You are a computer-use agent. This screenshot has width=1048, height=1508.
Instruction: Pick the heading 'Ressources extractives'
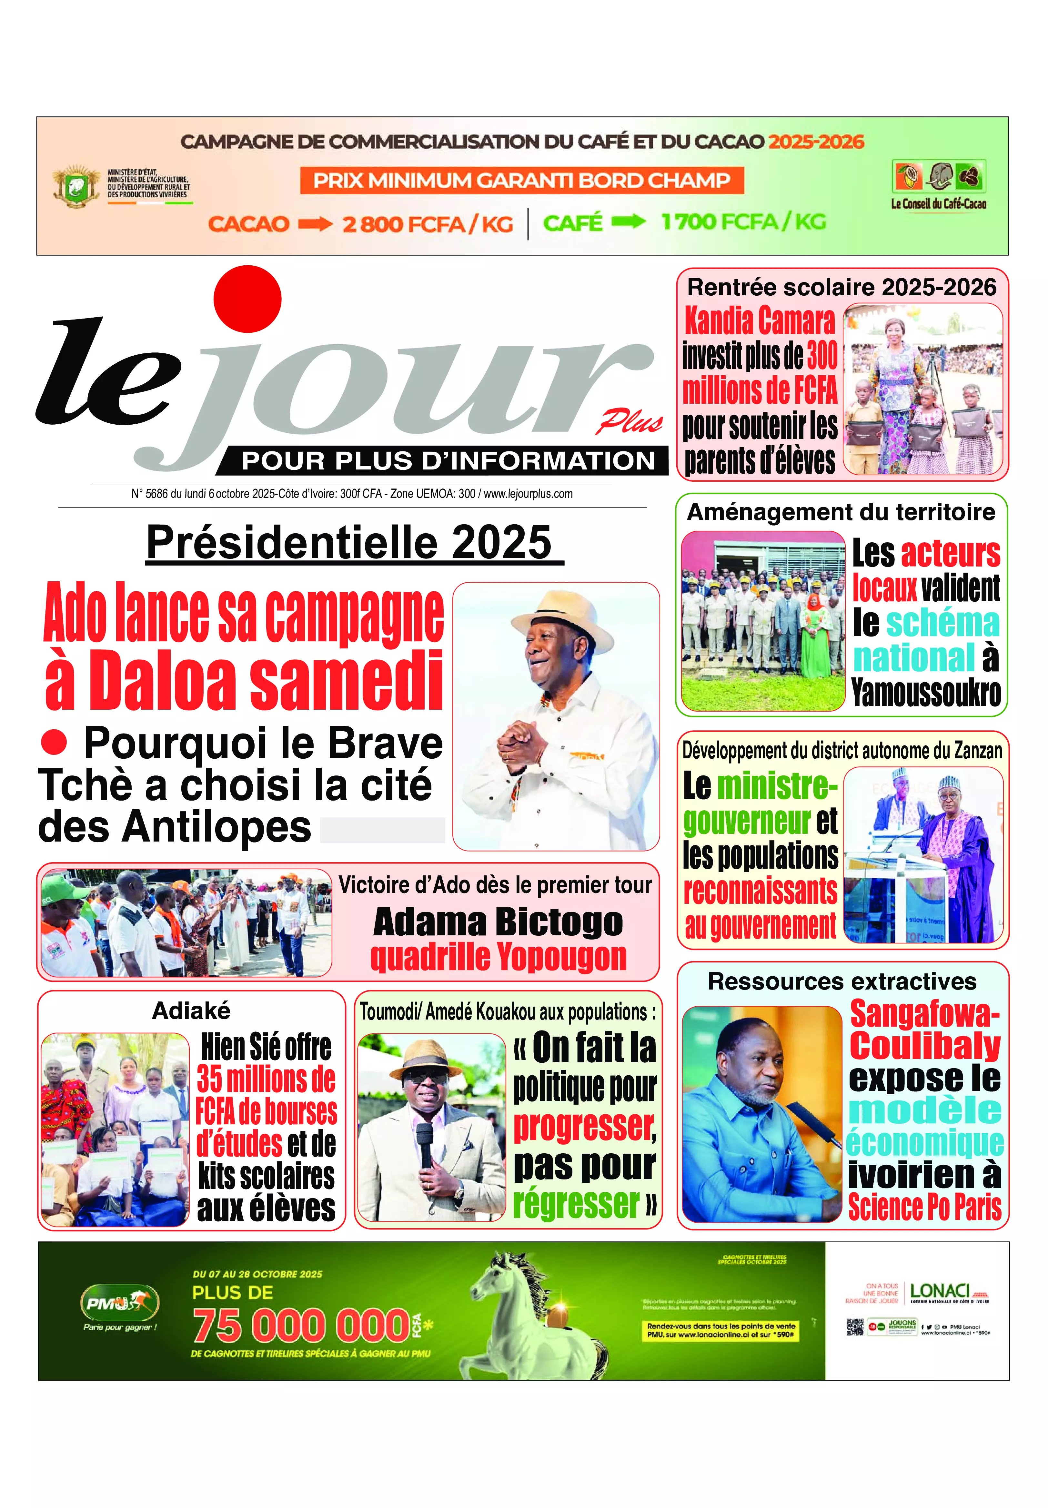(842, 981)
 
